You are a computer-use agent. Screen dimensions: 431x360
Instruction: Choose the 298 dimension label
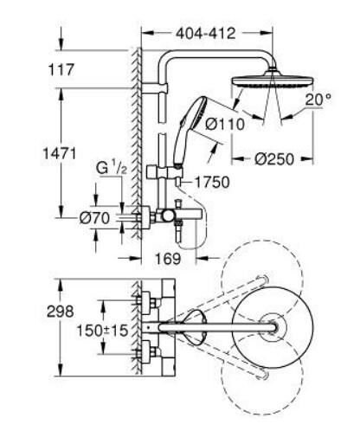[38, 311]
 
